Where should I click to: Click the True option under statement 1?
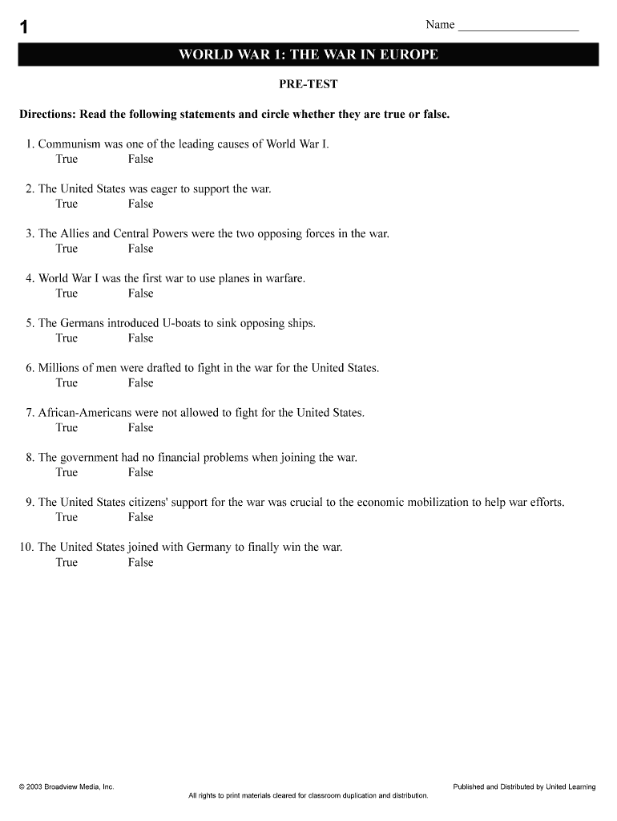(x=67, y=159)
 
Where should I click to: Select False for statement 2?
(x=140, y=204)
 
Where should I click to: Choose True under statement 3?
(x=67, y=249)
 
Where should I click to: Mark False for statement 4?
(x=140, y=293)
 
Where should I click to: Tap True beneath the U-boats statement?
(x=67, y=338)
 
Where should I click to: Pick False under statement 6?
(x=140, y=383)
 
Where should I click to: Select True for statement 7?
(x=67, y=428)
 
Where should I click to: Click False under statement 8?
(x=140, y=473)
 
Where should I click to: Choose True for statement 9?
(x=67, y=518)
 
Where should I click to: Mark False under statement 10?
(x=140, y=563)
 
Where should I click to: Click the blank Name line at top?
(x=518, y=26)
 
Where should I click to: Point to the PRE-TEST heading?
(x=308, y=84)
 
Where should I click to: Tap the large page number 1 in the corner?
(x=24, y=27)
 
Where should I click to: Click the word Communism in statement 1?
(x=70, y=144)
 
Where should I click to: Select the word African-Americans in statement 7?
(x=85, y=414)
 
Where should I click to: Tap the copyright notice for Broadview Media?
(x=67, y=787)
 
